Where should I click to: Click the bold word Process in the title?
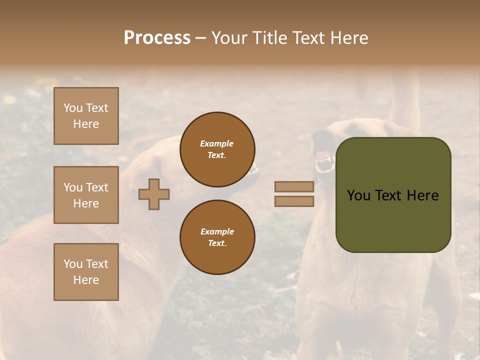[157, 38]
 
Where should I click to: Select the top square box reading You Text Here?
[86, 116]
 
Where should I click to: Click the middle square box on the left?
[86, 195]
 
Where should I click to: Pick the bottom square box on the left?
[86, 272]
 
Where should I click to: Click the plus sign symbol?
[154, 194]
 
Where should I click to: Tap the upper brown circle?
[217, 149]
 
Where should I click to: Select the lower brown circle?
[217, 237]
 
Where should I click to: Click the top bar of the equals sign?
[294, 187]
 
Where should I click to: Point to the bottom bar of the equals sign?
[294, 201]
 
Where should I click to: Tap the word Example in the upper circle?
[216, 143]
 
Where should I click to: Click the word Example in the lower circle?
[217, 231]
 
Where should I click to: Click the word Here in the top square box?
[86, 124]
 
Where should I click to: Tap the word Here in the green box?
[422, 195]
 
